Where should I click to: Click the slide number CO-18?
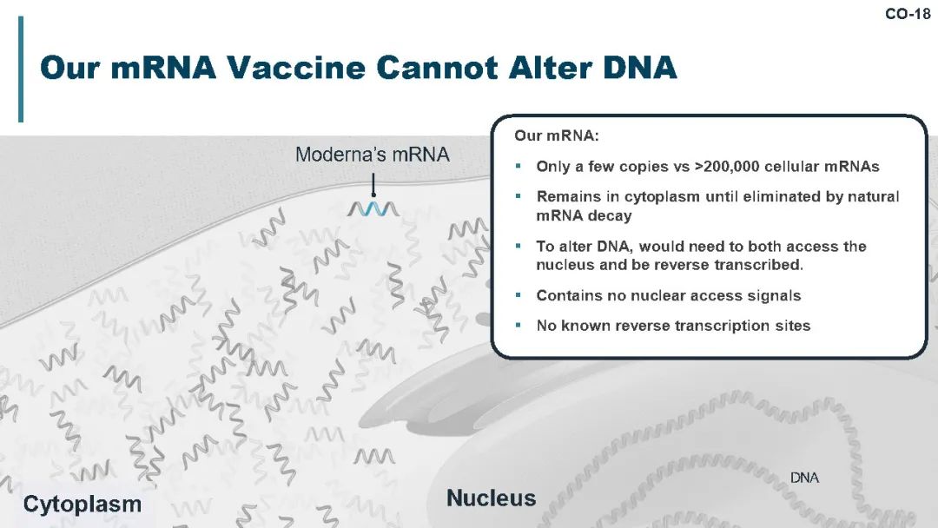pos(908,14)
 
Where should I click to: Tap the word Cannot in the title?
pos(437,67)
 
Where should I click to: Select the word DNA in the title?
pos(639,67)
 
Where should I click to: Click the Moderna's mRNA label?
pos(372,155)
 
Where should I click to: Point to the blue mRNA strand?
pos(373,208)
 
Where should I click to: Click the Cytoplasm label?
pos(82,504)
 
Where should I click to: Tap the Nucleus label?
pos(491,498)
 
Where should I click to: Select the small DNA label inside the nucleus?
pos(804,477)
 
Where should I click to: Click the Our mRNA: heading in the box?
pos(557,135)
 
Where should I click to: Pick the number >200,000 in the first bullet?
pos(727,166)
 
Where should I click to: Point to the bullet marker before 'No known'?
pos(518,326)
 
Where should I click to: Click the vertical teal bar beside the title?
pos(21,69)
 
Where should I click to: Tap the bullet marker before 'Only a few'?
pos(518,166)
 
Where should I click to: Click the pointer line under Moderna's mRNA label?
pos(373,185)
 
